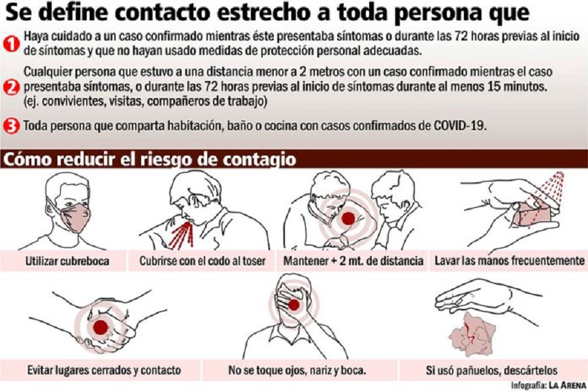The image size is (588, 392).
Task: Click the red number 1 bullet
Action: tap(11, 44)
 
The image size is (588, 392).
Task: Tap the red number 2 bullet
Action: tap(11, 87)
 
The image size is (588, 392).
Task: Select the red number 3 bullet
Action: tap(11, 126)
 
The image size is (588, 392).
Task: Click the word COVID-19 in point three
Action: tap(459, 125)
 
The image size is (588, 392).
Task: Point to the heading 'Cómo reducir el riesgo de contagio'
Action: tap(149, 159)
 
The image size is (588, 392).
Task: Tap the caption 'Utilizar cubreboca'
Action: tap(67, 261)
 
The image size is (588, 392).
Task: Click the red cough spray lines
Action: tap(182, 235)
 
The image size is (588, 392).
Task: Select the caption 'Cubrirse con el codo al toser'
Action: tap(203, 261)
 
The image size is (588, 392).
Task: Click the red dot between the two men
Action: tap(348, 218)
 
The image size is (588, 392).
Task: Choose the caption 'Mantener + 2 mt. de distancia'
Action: tap(353, 261)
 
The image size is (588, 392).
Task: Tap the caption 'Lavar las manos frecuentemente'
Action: tap(509, 261)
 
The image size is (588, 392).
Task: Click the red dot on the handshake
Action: tap(101, 327)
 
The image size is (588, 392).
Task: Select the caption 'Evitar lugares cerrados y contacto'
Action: tap(104, 370)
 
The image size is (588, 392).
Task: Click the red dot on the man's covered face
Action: tap(294, 304)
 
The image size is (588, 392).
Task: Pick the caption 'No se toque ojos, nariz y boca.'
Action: tap(297, 370)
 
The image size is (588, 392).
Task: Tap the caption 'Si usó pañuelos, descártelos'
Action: tap(491, 370)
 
